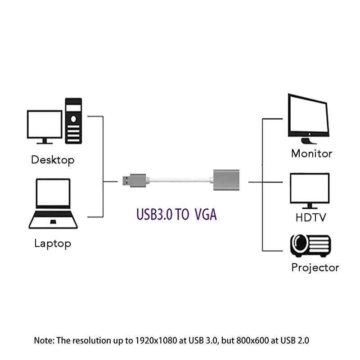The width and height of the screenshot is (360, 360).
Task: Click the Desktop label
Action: [53, 160]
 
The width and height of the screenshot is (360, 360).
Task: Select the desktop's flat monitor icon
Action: [44, 126]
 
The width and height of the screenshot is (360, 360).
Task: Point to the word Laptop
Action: [53, 244]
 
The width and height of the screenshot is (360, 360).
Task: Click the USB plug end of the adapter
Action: [135, 180]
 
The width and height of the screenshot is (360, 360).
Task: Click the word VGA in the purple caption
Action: [206, 215]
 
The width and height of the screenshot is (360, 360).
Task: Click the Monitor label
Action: [311, 153]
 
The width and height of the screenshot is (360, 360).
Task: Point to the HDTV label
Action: [310, 218]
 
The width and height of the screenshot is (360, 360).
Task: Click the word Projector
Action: [315, 268]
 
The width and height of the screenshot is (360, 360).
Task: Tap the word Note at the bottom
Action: [43, 340]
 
